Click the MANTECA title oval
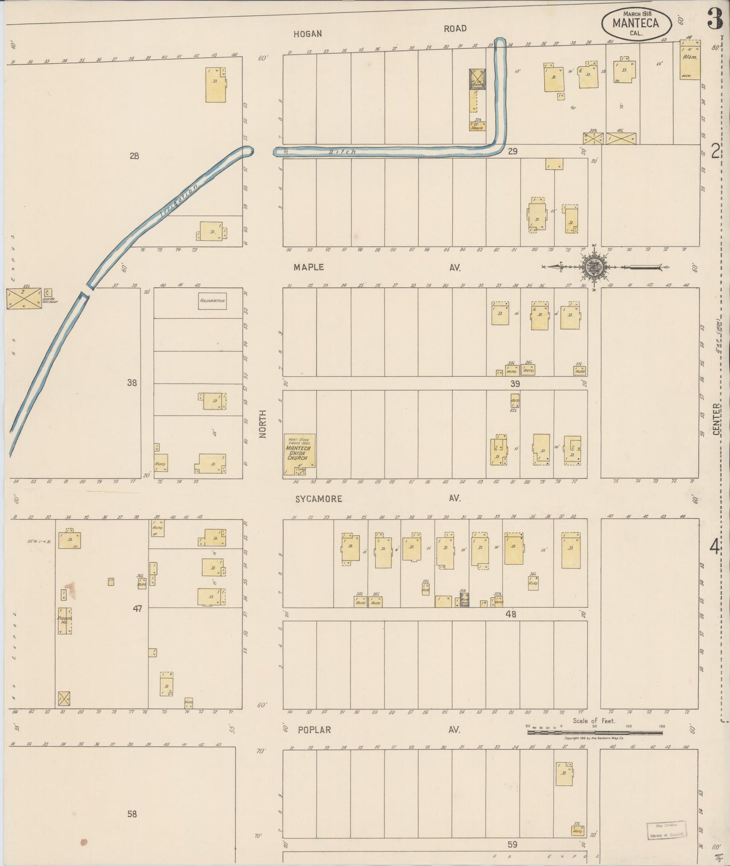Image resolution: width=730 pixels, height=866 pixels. pos(636,24)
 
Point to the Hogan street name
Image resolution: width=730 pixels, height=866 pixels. pos(308,34)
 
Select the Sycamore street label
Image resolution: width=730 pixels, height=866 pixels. pos(319,499)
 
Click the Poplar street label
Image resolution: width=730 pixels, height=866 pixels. pos(314,730)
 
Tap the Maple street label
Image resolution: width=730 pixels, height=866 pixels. pos(307,267)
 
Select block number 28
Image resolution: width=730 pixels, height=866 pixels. pos(133,156)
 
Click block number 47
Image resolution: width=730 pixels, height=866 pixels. pos(137,609)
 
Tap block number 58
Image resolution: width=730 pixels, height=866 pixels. pos(132,814)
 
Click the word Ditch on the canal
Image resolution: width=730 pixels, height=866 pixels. pos(343,152)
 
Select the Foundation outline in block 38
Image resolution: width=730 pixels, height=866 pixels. pos(212,301)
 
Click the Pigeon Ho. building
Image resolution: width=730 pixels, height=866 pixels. pos(65,620)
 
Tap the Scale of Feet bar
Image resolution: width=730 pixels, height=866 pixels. pos(595,732)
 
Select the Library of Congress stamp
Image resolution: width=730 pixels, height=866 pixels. pos(666,830)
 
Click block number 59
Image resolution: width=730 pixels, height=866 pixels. pos(512,844)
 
